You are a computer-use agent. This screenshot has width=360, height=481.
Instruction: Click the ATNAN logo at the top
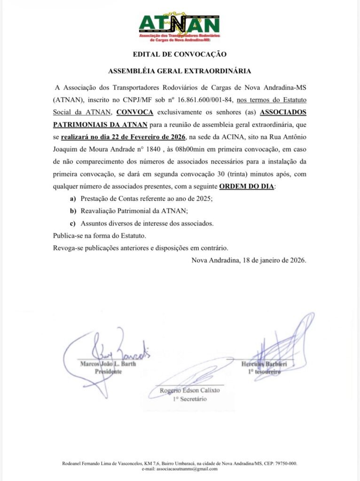coord(180,27)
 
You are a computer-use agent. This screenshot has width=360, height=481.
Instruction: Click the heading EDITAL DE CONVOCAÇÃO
coord(180,54)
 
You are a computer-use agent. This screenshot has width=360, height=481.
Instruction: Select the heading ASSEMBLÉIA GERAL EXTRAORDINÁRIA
coord(180,71)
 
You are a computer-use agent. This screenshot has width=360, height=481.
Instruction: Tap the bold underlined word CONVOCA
coord(134,112)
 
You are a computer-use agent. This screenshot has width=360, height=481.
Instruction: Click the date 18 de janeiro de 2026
coord(272,260)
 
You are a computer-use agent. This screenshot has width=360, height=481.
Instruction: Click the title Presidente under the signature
coord(109,371)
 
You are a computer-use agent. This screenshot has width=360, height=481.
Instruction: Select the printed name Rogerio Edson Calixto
coord(190,390)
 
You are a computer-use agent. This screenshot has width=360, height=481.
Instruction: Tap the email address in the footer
coord(180,469)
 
